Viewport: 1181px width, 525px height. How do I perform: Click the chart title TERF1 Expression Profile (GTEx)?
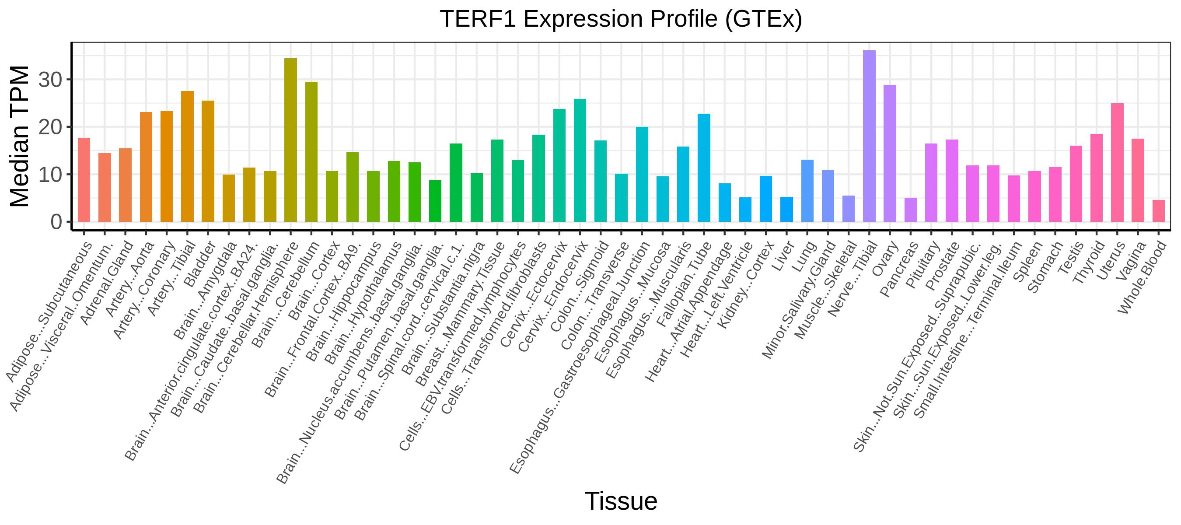[x=621, y=19]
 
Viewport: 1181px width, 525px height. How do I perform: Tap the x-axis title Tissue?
[x=621, y=500]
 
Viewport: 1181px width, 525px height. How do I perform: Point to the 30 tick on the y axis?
[x=50, y=80]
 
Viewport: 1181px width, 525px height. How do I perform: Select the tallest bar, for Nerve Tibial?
[x=869, y=136]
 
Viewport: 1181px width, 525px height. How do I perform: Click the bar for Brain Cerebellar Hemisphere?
[x=291, y=140]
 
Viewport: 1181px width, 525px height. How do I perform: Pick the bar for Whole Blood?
[x=1159, y=211]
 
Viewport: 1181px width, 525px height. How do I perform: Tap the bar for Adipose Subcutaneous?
[x=84, y=180]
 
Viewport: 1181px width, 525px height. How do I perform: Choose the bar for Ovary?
[x=890, y=154]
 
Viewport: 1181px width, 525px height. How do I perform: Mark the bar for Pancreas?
[x=911, y=210]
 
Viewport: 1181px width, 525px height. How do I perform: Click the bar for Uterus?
[x=1117, y=163]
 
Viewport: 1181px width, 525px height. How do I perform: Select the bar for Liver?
[x=787, y=210]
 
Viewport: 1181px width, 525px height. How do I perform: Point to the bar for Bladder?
[x=208, y=161]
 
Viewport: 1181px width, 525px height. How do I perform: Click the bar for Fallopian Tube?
[x=704, y=168]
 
